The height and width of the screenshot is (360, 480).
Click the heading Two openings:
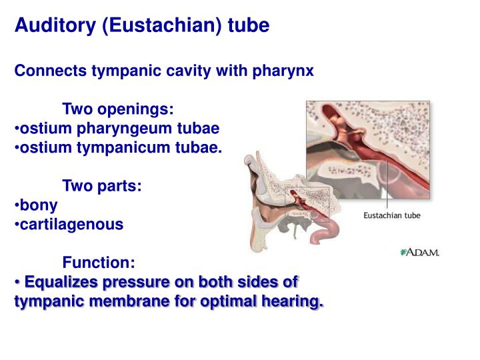pyautogui.click(x=118, y=109)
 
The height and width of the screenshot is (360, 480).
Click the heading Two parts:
pyautogui.click(x=101, y=186)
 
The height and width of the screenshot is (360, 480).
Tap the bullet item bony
pyautogui.click(x=39, y=205)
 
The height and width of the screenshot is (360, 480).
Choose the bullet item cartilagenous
pyautogui.click(x=71, y=225)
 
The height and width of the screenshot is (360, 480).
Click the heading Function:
pyautogui.click(x=99, y=263)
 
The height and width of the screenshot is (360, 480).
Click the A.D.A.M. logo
pyautogui.click(x=420, y=252)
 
